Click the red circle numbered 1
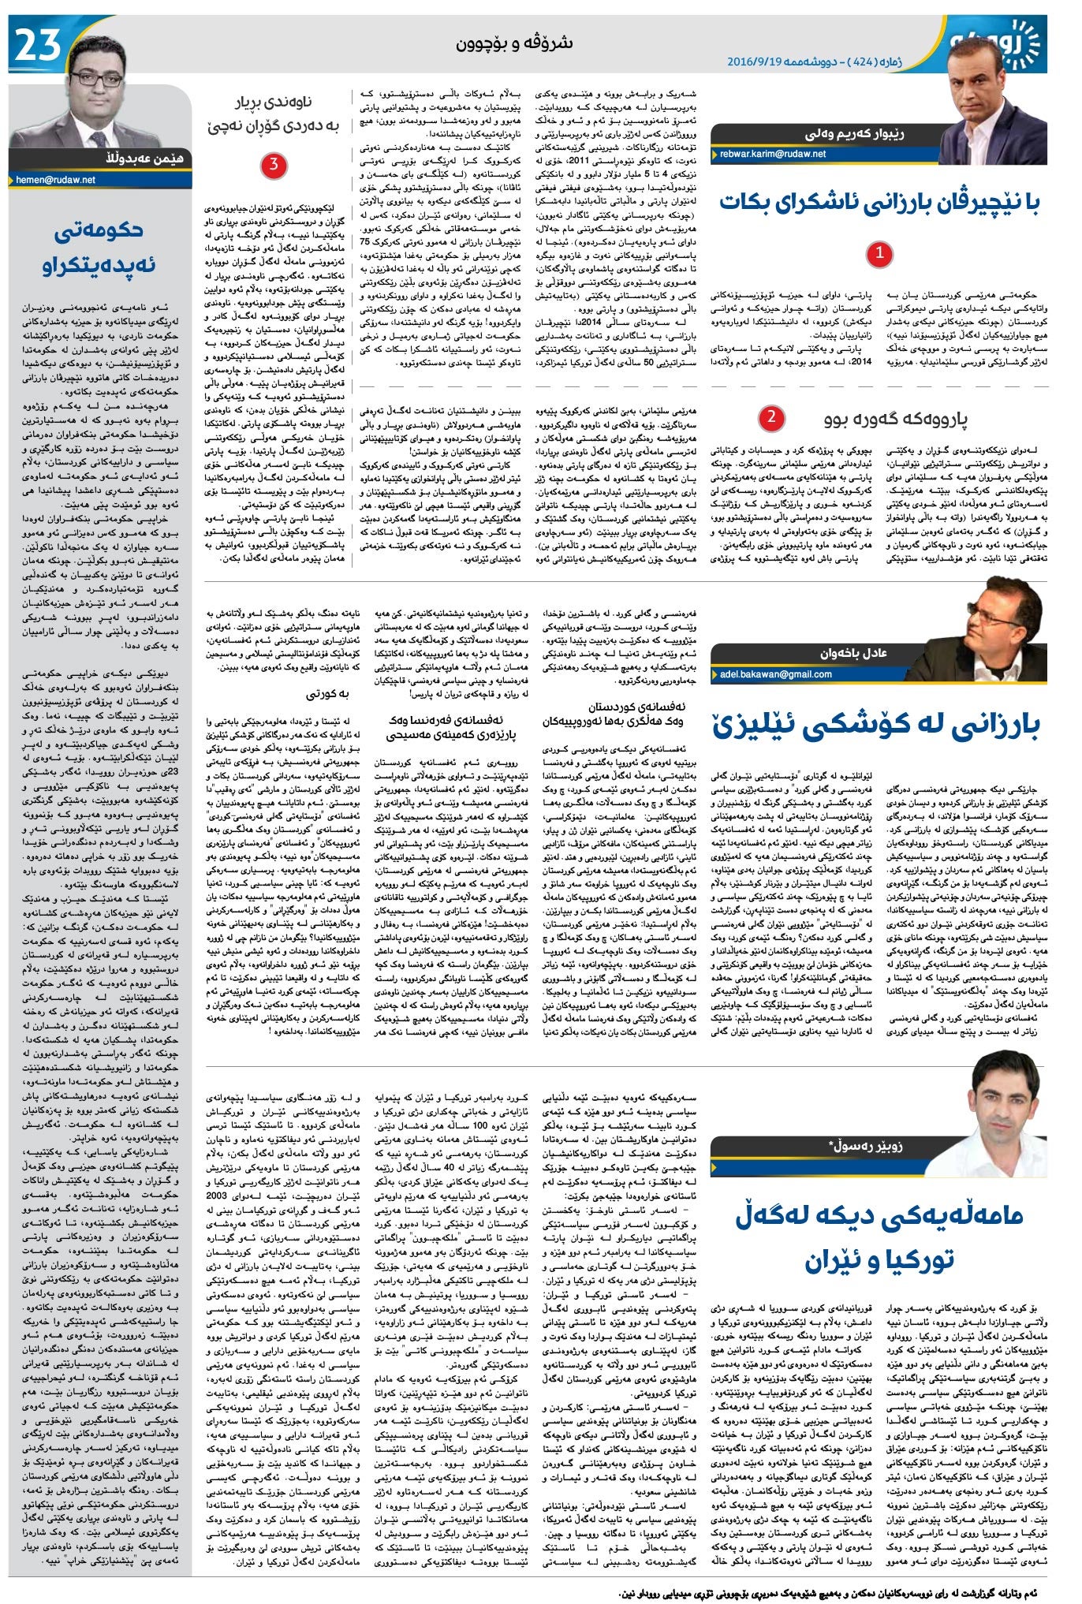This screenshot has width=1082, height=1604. click(879, 253)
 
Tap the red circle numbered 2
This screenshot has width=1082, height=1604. click(770, 417)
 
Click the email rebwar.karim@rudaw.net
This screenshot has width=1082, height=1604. click(772, 154)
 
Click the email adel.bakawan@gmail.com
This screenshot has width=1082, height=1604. click(775, 674)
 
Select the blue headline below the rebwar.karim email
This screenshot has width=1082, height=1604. click(879, 203)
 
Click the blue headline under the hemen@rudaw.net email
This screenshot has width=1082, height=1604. click(99, 248)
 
